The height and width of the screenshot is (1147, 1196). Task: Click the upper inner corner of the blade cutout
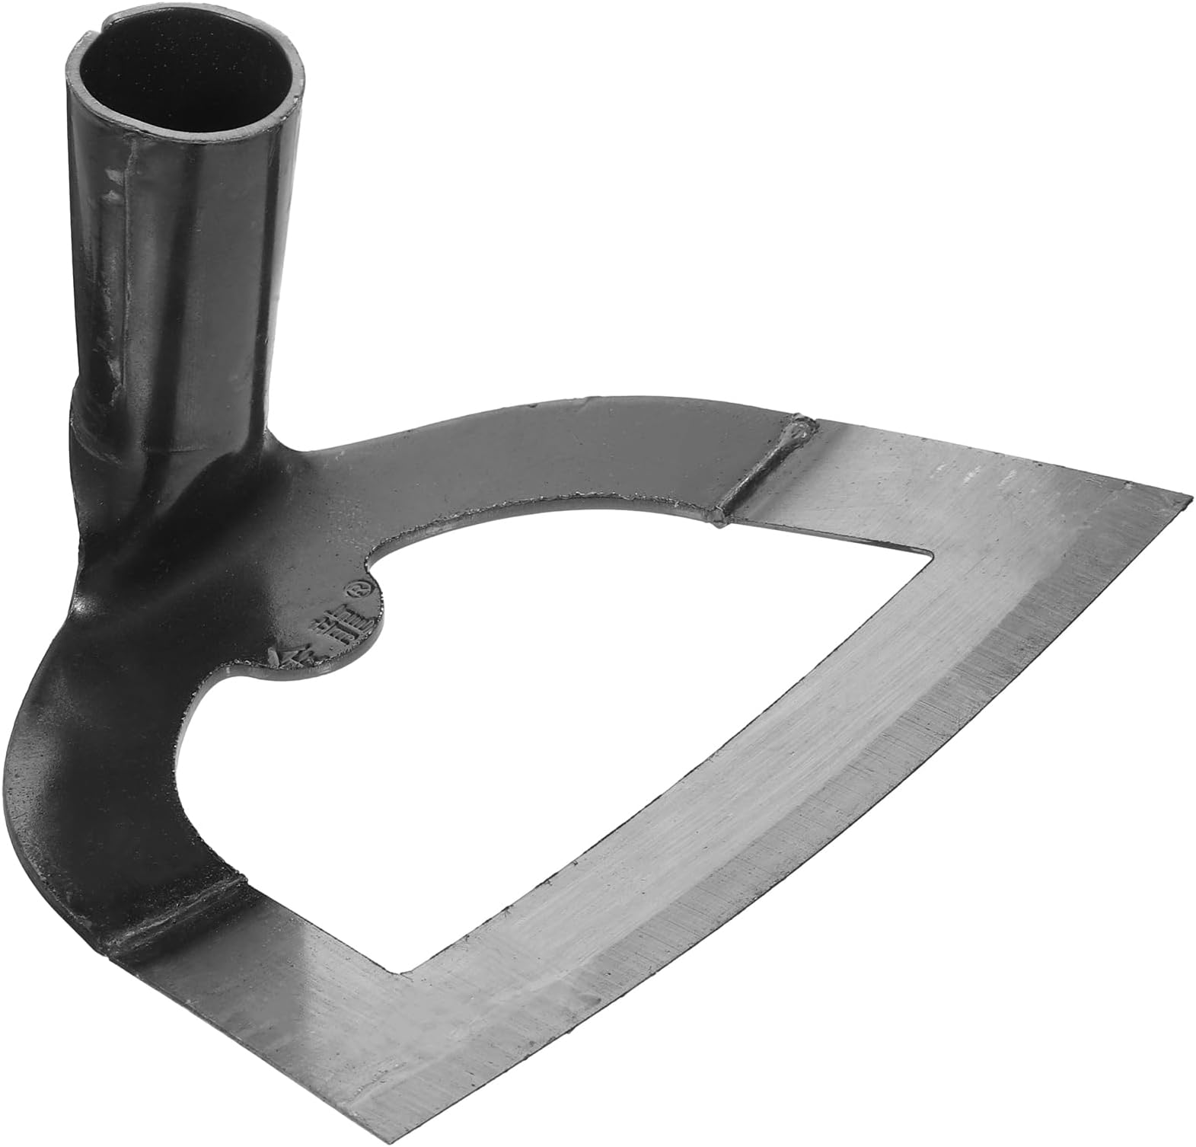[x=927, y=550]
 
